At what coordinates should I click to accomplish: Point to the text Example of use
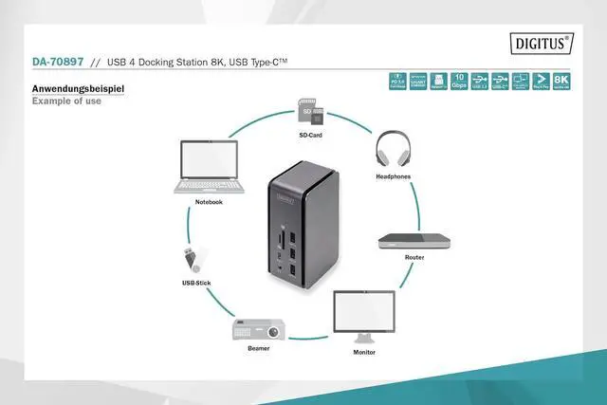coord(65,101)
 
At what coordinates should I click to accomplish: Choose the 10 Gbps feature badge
coord(459,82)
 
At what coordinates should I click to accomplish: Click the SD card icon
coord(310,113)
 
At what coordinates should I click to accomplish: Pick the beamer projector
coord(258,331)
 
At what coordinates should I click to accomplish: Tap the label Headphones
coord(392,177)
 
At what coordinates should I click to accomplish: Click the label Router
coord(414,257)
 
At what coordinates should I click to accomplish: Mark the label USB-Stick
coord(195,283)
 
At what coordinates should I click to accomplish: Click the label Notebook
coord(209,202)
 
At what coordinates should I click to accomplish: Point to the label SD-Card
coord(311,136)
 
